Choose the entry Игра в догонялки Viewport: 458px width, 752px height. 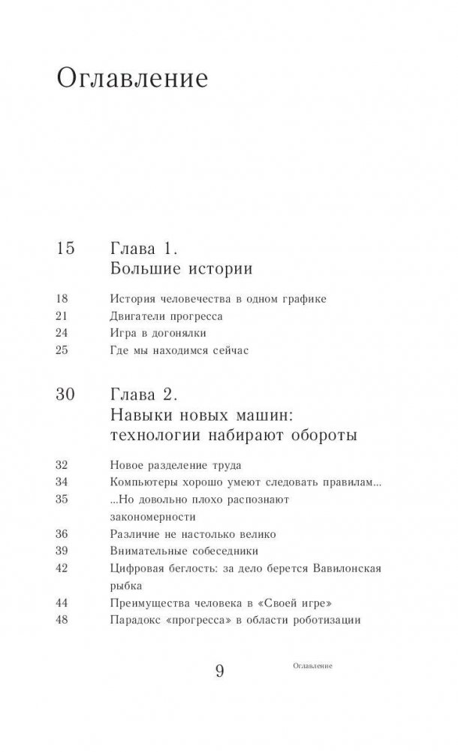coord(157,332)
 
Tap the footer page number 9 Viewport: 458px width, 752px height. coord(219,671)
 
